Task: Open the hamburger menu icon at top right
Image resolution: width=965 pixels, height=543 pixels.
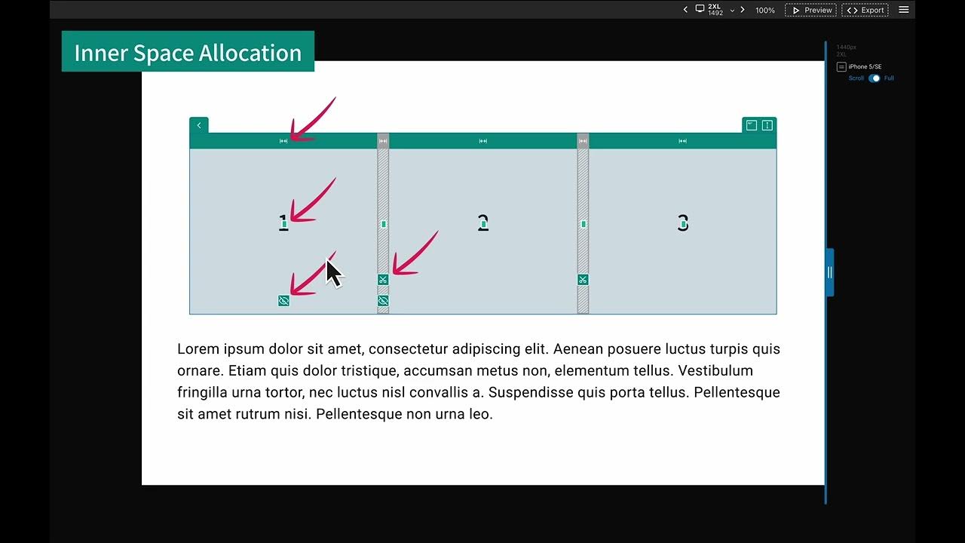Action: coord(904,10)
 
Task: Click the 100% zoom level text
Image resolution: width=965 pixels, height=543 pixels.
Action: coord(765,11)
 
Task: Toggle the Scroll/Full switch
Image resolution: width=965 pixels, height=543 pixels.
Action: coord(875,78)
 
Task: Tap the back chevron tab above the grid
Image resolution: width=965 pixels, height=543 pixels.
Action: coord(199,125)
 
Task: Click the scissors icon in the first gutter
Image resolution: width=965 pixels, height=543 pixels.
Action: coord(383,280)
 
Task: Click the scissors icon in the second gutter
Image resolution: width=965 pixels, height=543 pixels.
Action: coord(583,280)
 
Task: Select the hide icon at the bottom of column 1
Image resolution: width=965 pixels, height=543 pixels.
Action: coord(283,301)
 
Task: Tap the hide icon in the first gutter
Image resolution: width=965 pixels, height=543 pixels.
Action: coord(383,301)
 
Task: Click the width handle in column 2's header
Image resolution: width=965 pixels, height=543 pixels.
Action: coord(483,141)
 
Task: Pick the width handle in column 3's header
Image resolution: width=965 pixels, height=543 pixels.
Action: coord(682,141)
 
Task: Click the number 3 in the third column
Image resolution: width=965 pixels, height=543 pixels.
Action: coord(683,223)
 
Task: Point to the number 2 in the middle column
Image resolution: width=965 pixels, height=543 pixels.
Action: coord(483,223)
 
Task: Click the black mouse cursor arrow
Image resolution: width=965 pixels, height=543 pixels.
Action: coord(333,273)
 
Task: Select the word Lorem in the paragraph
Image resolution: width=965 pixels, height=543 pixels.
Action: coord(198,349)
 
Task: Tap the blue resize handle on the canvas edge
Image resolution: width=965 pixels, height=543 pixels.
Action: coord(829,272)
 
